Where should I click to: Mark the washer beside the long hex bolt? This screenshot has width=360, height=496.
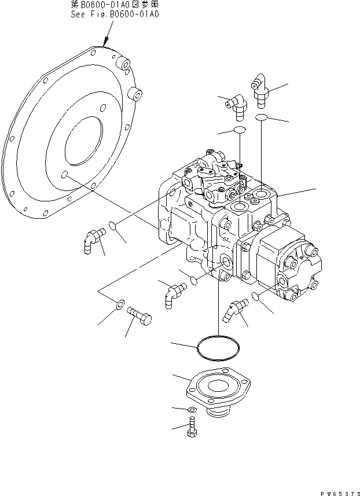120,303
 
